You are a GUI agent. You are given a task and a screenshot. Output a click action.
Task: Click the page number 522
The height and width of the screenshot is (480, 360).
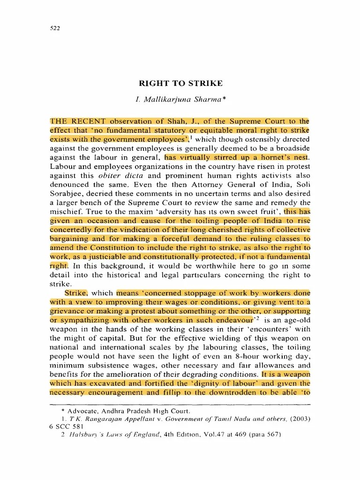point(55,28)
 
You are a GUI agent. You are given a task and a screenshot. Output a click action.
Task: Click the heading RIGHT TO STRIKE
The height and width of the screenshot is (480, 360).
point(180,84)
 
